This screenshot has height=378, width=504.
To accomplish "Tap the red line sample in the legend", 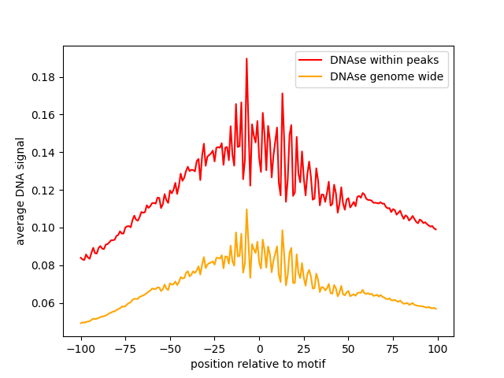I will (311, 59).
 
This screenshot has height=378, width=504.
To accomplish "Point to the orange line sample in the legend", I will (311, 77).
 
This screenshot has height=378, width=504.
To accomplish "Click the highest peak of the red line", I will (246, 58).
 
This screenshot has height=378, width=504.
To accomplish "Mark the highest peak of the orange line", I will (246, 209).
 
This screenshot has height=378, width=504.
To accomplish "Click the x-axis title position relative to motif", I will (258, 364).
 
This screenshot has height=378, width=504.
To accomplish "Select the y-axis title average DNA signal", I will (20, 191).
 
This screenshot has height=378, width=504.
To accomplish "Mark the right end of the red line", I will (436, 229).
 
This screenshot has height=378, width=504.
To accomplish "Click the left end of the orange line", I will (80, 323).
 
